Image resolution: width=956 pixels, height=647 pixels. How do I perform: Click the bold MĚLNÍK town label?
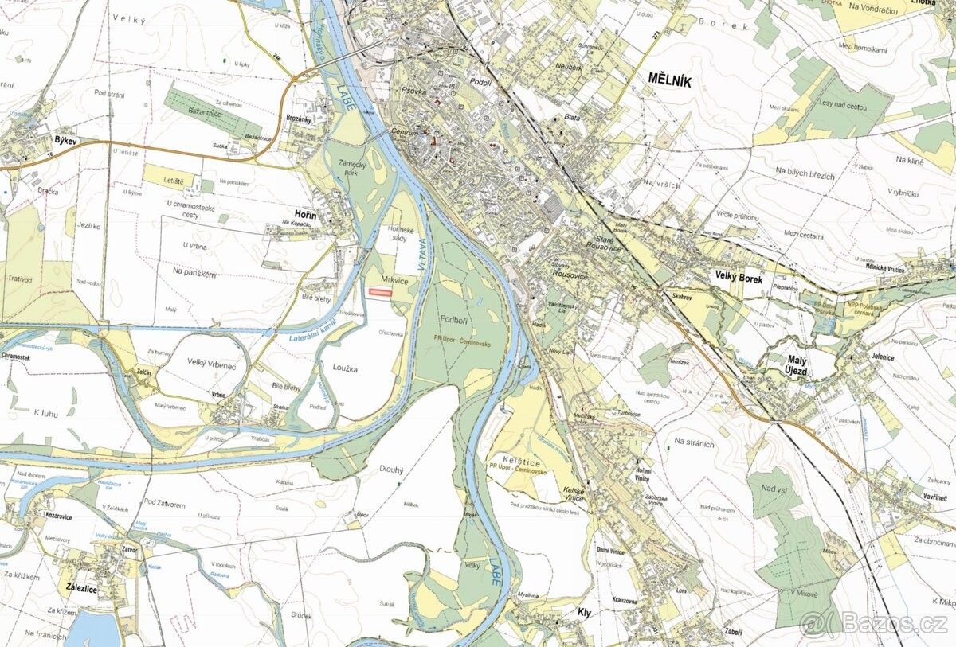coord(671,79)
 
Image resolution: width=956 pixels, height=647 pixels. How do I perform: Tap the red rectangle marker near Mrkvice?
coord(380,293)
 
